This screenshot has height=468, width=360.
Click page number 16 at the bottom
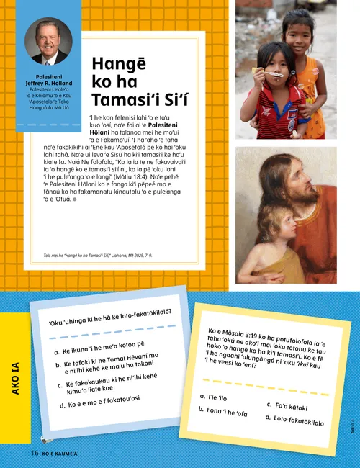(34, 453)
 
